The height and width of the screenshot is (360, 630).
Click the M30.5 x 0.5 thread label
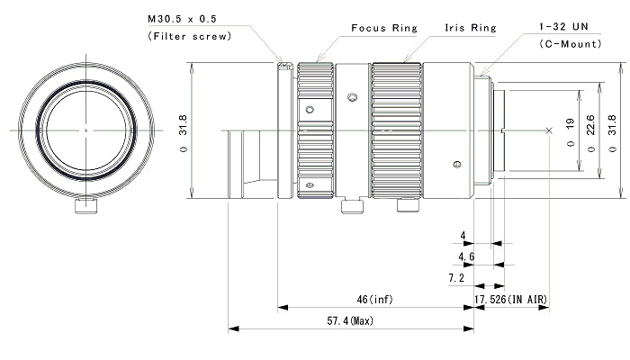(182, 19)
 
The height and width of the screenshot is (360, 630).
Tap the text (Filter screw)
(190, 36)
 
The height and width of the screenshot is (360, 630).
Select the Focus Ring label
(384, 28)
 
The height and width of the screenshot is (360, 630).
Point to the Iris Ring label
(470, 28)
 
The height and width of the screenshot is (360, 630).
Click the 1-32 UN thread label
(563, 26)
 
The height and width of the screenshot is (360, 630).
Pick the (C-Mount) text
(570, 44)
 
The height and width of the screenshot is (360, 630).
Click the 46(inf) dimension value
(375, 300)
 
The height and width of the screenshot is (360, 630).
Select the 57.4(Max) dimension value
(350, 320)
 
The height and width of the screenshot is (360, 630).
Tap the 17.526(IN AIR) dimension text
(510, 300)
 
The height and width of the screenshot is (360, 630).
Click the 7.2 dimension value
(456, 277)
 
